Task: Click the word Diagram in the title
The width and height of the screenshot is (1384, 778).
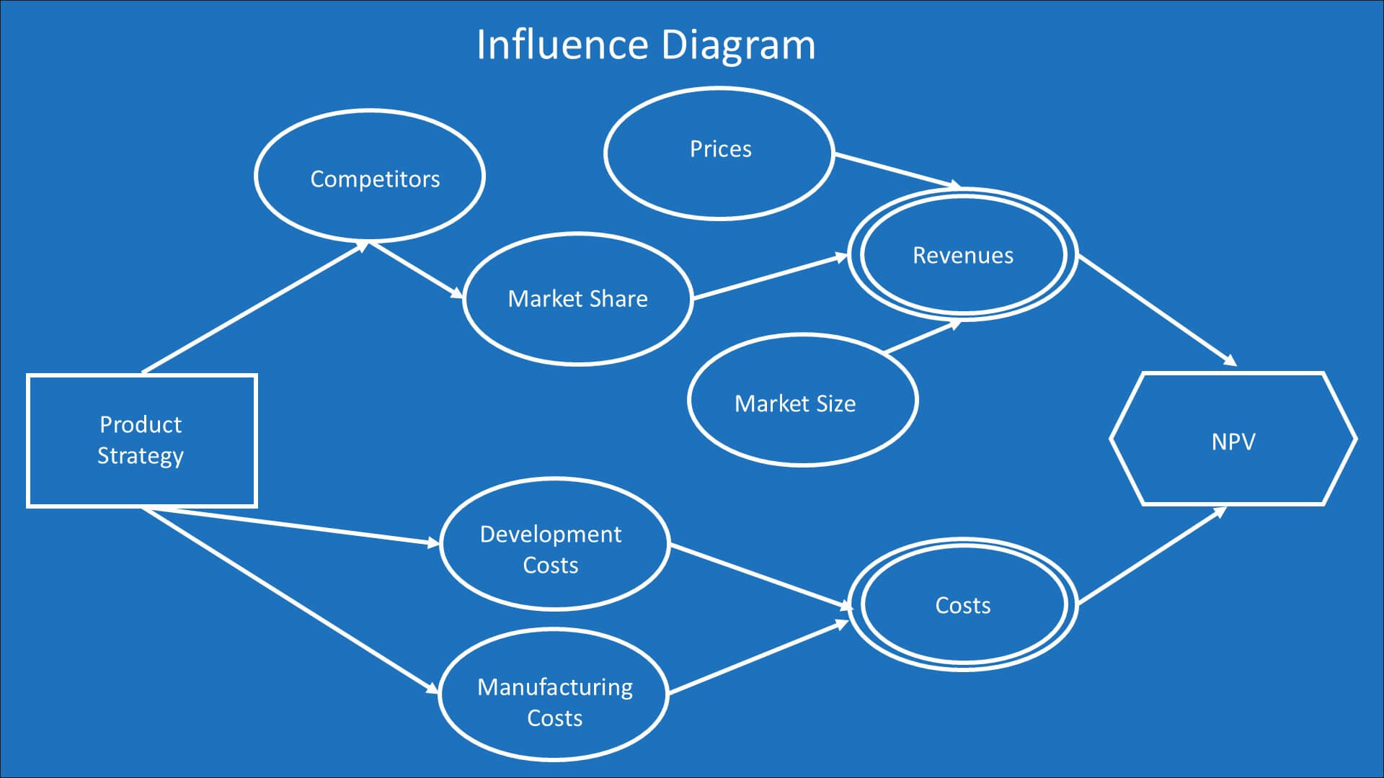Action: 738,45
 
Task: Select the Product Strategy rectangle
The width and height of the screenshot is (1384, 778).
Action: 141,440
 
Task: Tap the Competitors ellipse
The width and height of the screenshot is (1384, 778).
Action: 370,176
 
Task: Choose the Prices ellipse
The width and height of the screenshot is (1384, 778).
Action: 719,152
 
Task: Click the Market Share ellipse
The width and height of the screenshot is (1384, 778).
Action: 577,299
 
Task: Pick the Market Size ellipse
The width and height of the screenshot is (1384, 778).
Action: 802,400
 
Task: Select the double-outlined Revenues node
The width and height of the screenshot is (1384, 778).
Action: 963,255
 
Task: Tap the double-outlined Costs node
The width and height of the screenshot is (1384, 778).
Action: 963,604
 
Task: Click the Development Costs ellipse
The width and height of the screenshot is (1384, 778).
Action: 554,544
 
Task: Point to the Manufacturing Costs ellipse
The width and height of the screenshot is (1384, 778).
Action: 553,694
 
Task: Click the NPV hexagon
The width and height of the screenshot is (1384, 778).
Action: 1233,439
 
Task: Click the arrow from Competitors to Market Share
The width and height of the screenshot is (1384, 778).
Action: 417,270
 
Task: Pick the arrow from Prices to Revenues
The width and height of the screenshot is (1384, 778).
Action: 897,170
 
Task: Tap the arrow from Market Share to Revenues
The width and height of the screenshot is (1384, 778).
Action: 770,277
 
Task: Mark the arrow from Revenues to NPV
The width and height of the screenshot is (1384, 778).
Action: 1157,310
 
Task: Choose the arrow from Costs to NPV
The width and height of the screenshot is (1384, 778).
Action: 1152,555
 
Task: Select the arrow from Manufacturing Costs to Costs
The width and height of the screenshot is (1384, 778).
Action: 758,658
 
